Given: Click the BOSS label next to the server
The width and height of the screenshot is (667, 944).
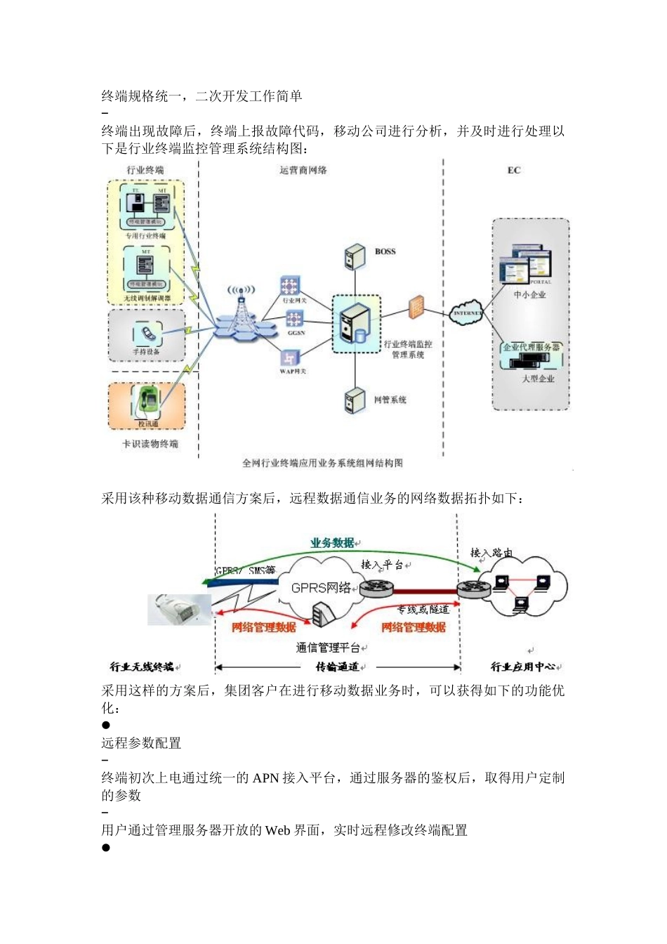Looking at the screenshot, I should (385, 251).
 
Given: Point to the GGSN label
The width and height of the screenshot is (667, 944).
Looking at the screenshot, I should (296, 333).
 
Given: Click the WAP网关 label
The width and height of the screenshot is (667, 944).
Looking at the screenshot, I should (293, 372).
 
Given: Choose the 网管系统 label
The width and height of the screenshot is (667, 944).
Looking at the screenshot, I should (390, 400).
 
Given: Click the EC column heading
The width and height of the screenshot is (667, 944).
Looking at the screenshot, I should (514, 171).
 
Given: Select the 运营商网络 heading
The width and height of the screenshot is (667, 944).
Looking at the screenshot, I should (303, 171).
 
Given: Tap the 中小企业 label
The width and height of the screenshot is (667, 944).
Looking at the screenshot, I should (529, 295).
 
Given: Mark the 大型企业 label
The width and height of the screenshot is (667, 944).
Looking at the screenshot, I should (538, 379).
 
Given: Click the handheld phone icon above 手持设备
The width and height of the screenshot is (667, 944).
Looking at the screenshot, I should (147, 333).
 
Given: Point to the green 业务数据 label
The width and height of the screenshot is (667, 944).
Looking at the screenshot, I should (333, 543).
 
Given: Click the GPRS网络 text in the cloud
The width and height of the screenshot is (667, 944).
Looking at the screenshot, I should (321, 588).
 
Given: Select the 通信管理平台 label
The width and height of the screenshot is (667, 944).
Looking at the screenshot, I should (328, 648).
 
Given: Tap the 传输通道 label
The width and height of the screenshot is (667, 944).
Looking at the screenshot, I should (337, 667).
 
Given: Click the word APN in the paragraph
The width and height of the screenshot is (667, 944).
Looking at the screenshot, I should (266, 778).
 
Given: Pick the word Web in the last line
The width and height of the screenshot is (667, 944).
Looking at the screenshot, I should (277, 830).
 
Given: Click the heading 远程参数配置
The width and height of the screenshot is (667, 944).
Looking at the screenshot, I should (141, 743).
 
